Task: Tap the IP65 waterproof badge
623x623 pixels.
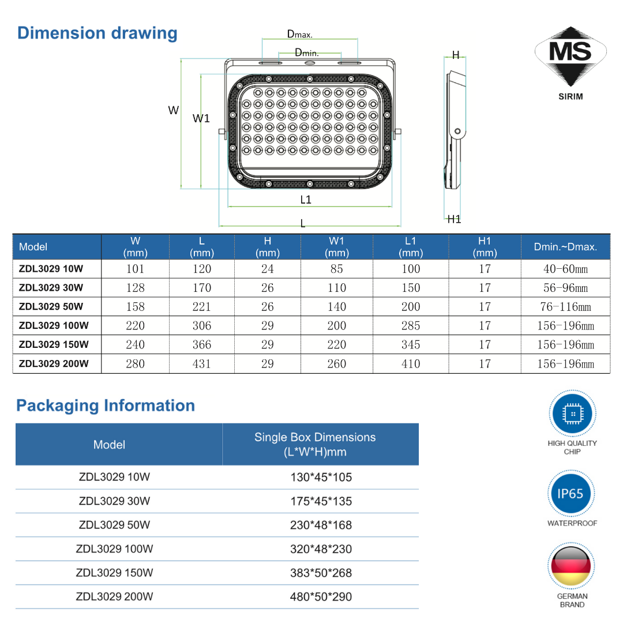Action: coord(570,494)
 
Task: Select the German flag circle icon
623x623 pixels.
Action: coord(571,566)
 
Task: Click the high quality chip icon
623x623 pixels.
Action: coord(572,414)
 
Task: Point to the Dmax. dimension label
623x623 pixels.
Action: coord(299,34)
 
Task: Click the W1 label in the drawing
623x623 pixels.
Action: coord(201,118)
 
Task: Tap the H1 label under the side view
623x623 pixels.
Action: coord(455,219)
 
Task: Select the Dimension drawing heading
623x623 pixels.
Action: coord(97,33)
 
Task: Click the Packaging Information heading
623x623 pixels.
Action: coord(106,406)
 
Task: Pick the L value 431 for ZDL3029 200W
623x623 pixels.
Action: coord(201,364)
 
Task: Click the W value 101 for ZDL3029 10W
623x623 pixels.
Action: coord(135,269)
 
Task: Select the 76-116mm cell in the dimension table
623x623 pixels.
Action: coord(565,307)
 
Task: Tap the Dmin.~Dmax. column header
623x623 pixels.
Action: coord(565,247)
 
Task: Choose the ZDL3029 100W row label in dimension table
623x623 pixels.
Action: coord(54,325)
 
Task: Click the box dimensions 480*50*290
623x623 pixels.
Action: coord(321,597)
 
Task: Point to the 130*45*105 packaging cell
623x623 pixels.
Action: coord(321,478)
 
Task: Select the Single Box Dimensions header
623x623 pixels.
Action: coord(315,444)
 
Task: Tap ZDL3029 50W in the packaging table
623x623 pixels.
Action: coord(114,525)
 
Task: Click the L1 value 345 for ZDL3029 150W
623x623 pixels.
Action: coord(411,345)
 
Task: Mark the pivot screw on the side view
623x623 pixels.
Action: coord(457,132)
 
